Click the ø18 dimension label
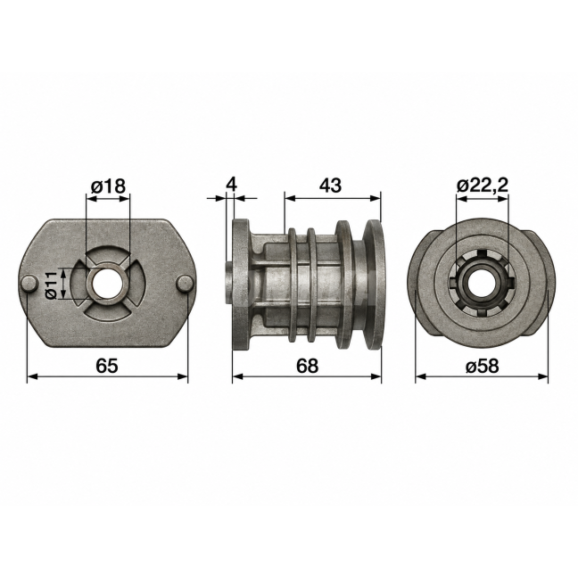tap(109, 186)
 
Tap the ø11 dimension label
tap(51, 285)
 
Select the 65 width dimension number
tap(107, 366)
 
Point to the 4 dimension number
tap(232, 185)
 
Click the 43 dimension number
tap(330, 186)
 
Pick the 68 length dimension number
tap(307, 366)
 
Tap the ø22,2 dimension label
tap(483, 186)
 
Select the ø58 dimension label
tap(483, 366)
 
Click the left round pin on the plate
tap(29, 284)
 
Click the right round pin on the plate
tap(186, 283)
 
